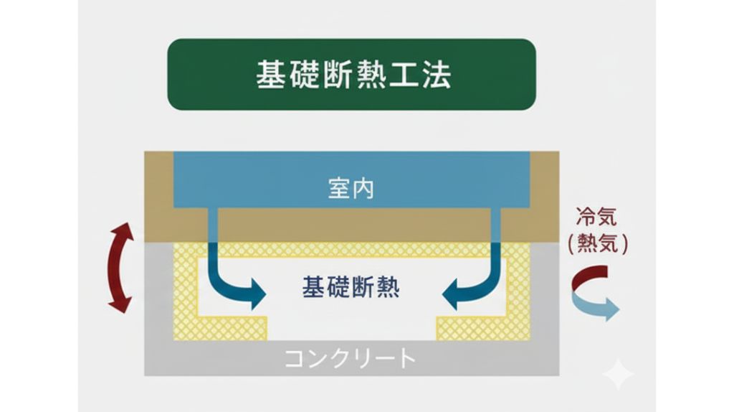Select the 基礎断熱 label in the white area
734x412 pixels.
click(351, 288)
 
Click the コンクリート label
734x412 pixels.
click(351, 357)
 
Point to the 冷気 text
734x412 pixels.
click(596, 216)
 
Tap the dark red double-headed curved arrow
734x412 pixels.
click(120, 268)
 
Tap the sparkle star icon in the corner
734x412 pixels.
click(618, 374)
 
